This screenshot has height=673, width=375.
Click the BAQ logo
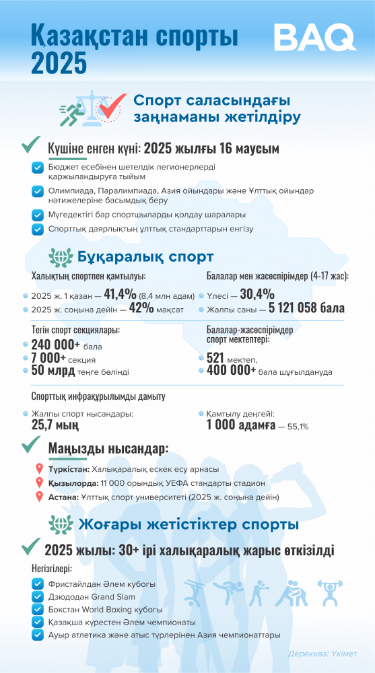click(x=314, y=38)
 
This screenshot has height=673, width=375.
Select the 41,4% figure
click(x=120, y=294)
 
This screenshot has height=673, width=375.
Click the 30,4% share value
click(x=257, y=294)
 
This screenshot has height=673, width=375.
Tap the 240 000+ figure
click(x=55, y=345)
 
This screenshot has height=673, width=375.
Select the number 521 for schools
click(x=219, y=358)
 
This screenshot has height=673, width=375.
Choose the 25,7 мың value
click(x=55, y=425)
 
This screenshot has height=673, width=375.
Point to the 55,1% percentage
click(x=298, y=427)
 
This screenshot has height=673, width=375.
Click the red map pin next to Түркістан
click(x=39, y=468)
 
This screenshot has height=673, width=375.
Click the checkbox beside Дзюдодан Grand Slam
click(x=37, y=596)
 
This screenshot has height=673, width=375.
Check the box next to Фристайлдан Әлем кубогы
click(x=37, y=583)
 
